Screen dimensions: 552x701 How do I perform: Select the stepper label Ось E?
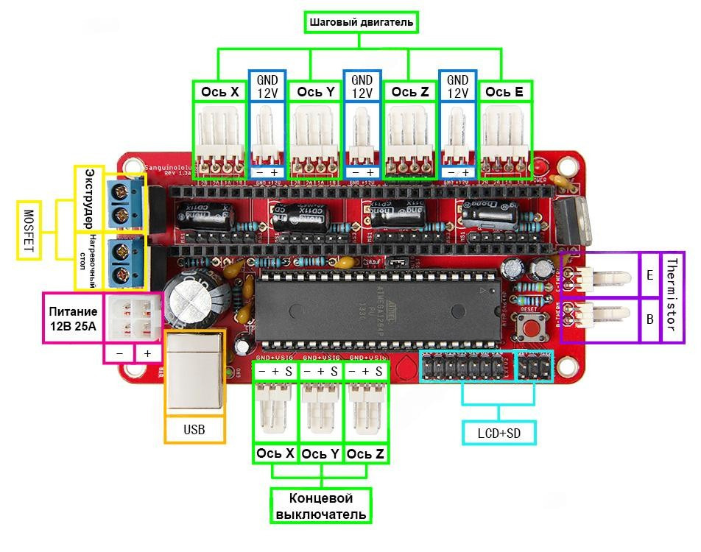[504, 92]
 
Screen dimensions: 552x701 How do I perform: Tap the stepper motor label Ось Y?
[315, 92]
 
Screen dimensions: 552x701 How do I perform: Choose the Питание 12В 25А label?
[72, 317]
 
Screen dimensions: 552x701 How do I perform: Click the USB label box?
[194, 429]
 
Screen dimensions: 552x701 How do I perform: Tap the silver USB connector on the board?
[194, 372]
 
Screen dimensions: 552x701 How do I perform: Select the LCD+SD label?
[499, 433]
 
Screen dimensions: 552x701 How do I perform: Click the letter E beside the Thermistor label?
[649, 275]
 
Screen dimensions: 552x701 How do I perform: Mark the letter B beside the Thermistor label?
[649, 319]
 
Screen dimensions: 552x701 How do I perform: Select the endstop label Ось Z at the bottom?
[365, 454]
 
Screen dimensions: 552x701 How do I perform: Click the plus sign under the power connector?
[147, 354]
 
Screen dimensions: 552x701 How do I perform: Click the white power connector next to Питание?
[133, 315]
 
